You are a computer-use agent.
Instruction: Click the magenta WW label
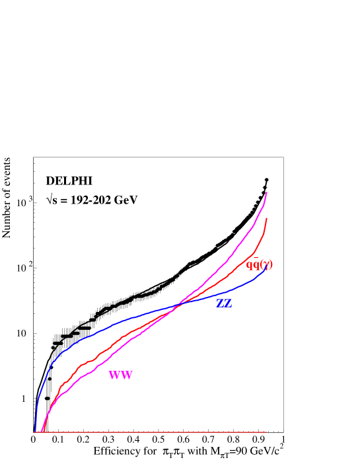click(x=120, y=375)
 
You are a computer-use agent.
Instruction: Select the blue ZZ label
click(x=225, y=304)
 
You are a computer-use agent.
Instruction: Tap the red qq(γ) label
click(x=259, y=264)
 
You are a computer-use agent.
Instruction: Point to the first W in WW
click(x=114, y=375)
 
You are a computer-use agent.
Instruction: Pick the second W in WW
click(x=126, y=375)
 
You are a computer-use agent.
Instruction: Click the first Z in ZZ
click(x=221, y=304)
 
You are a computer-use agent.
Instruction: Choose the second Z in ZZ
click(x=229, y=304)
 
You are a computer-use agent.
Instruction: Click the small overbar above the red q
click(x=256, y=258)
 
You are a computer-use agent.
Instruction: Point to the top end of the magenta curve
click(x=267, y=192)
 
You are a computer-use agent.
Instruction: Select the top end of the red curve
click(x=266, y=218)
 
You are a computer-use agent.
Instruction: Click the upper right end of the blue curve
click(x=266, y=267)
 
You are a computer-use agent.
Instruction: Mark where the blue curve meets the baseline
click(x=34, y=432)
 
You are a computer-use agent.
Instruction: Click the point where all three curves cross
click(x=176, y=305)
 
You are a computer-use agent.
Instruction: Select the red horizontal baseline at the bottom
click(x=152, y=432)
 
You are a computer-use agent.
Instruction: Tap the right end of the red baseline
click(x=266, y=432)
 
